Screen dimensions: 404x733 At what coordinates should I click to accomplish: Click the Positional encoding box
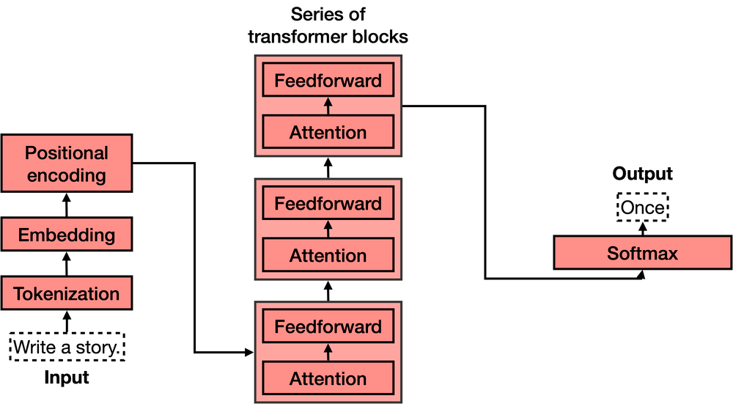click(x=66, y=164)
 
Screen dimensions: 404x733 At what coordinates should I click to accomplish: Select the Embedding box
click(x=66, y=235)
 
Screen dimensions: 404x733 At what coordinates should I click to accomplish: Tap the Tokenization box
click(x=66, y=293)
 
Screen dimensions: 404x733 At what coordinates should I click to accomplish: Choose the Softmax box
click(x=642, y=253)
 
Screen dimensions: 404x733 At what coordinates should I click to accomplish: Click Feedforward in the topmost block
click(x=328, y=81)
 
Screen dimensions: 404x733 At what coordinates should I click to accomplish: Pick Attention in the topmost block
click(x=328, y=133)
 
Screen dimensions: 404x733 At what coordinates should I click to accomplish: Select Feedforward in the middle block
click(x=328, y=204)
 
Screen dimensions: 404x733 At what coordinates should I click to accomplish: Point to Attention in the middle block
click(x=328, y=256)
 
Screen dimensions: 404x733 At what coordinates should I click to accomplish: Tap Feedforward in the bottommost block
click(x=328, y=327)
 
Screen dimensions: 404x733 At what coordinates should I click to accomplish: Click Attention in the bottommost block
click(x=328, y=379)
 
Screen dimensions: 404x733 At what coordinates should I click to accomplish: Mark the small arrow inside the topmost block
click(x=328, y=106)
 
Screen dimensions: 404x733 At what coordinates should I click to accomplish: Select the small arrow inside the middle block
click(x=328, y=229)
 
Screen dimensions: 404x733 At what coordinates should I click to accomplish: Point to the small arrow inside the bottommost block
click(x=328, y=353)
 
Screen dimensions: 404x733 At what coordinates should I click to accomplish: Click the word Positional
click(x=66, y=153)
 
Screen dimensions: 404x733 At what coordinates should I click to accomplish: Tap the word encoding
click(x=66, y=176)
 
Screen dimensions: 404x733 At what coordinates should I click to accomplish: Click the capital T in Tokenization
click(x=18, y=294)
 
